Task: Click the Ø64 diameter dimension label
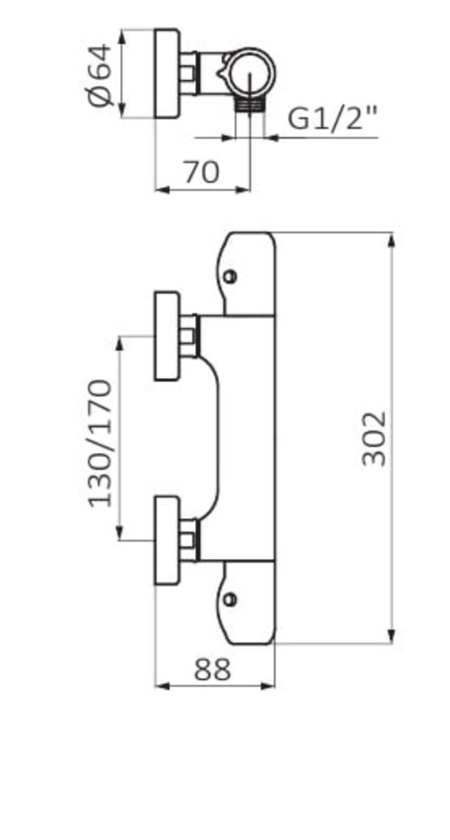99,75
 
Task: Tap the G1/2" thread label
332,118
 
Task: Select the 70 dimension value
201,172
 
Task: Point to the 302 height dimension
373,438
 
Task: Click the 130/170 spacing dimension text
100,443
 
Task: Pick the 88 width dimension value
212,669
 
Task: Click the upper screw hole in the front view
231,276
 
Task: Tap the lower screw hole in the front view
231,599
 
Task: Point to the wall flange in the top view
167,73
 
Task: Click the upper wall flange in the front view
167,336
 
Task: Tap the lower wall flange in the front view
167,541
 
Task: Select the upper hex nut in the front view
188,336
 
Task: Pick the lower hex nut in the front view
188,541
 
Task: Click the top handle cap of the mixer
249,273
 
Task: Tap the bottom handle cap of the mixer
249,602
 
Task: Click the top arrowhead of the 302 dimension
392,239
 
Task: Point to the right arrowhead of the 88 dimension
268,686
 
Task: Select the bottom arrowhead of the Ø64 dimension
122,110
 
